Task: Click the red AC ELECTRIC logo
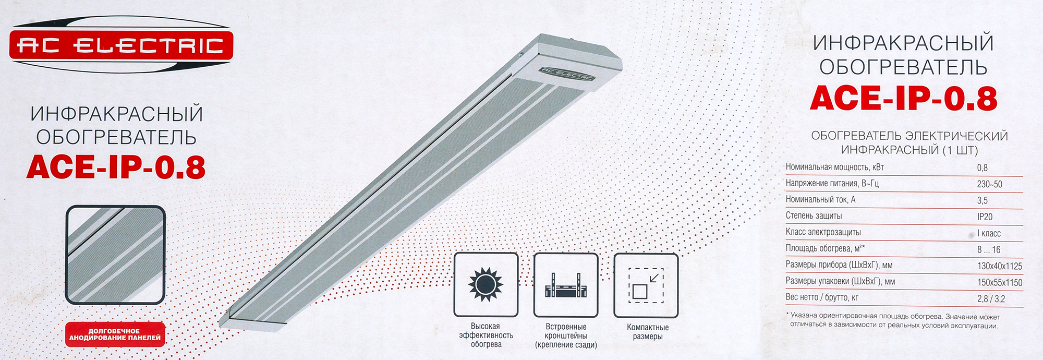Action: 121,45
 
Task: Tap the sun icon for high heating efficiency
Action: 486,285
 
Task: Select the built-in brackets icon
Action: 566,285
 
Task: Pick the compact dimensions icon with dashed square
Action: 646,285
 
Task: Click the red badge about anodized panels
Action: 115,334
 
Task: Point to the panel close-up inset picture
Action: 115,255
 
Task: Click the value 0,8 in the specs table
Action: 983,168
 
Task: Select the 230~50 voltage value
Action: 990,184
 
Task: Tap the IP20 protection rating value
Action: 985,217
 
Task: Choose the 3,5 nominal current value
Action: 983,200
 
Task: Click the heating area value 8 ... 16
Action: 989,249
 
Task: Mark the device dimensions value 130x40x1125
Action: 1000,266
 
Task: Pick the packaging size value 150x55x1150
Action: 1000,282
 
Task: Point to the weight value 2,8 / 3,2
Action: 991,299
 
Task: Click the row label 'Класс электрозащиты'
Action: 823,232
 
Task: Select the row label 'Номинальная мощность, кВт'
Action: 834,167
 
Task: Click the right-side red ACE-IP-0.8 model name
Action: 904,98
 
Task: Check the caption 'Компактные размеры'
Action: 647,332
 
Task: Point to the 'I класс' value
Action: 989,233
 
